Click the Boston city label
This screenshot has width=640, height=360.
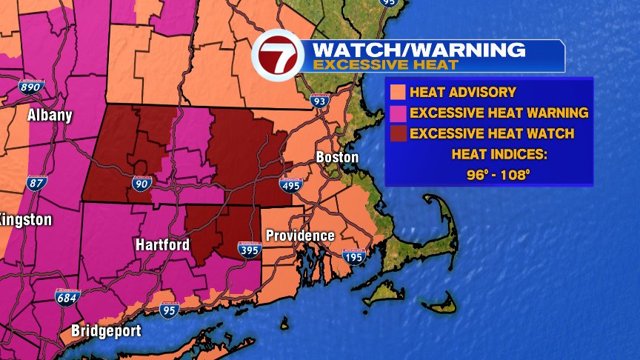tap(337, 157)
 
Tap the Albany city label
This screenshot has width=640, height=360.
tap(50, 115)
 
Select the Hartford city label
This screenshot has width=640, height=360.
tap(162, 244)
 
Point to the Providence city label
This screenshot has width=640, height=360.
tap(300, 236)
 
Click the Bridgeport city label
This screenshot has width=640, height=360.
tap(106, 330)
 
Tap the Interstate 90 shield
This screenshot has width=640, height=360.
tap(141, 182)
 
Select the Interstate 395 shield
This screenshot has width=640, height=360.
tap(250, 250)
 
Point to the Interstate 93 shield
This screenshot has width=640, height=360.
tap(319, 101)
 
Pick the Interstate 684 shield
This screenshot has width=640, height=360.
tap(65, 298)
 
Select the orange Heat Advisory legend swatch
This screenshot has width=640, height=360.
tap(397, 93)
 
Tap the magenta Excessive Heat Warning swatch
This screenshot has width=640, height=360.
tap(397, 113)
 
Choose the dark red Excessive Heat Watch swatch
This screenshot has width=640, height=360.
tap(397, 134)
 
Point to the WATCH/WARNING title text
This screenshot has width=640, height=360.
tap(419, 50)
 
